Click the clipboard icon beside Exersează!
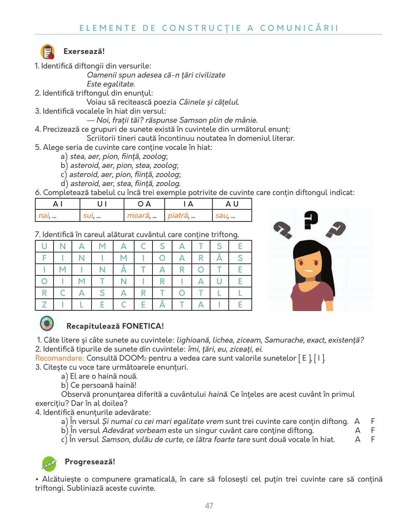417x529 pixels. coord(47,52)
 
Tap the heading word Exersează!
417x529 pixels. coord(84,51)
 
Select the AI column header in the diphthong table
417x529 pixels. coord(58,204)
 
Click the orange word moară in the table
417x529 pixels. coord(138,216)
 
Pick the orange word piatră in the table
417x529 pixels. coord(178,216)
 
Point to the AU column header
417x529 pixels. coord(232,204)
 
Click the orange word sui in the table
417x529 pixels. coord(88,216)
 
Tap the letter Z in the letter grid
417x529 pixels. coord(44,305)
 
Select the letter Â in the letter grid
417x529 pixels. coord(124,270)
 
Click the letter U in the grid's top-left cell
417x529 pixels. coord(44,246)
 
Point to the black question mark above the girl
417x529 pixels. coord(311,220)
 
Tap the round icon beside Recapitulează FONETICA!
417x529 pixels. coord(47,323)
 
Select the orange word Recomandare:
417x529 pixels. coord(60,358)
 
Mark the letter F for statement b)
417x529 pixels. coord(373,431)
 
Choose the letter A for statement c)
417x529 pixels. coord(358,439)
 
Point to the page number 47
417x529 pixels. coord(209,506)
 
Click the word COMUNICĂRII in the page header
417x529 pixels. coord(299,28)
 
